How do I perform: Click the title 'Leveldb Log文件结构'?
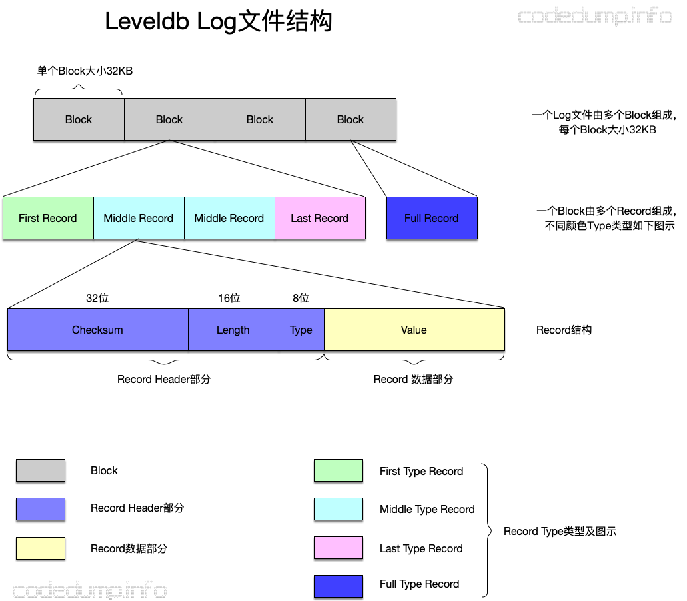[x=219, y=23]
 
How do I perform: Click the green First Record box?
[x=48, y=218]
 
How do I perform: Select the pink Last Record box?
[x=320, y=218]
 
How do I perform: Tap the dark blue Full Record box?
[x=432, y=218]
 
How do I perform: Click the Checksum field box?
[x=97, y=330]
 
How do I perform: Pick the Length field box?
[x=233, y=330]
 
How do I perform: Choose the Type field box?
[x=301, y=330]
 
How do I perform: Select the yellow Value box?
[x=414, y=330]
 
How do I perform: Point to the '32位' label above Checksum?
[x=97, y=299]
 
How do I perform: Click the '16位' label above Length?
[x=229, y=299]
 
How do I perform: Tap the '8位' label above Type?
[x=301, y=299]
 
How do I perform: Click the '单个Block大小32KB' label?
[x=85, y=71]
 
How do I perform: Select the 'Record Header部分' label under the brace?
[x=164, y=379]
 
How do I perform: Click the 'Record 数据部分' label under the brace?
[x=413, y=379]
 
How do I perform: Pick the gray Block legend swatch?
[x=41, y=470]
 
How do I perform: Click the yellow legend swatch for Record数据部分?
[x=41, y=548]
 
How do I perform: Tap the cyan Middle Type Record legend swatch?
[x=339, y=509]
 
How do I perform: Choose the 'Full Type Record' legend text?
[x=419, y=584]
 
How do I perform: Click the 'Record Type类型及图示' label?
[x=560, y=531]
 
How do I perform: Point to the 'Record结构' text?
[x=564, y=330]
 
